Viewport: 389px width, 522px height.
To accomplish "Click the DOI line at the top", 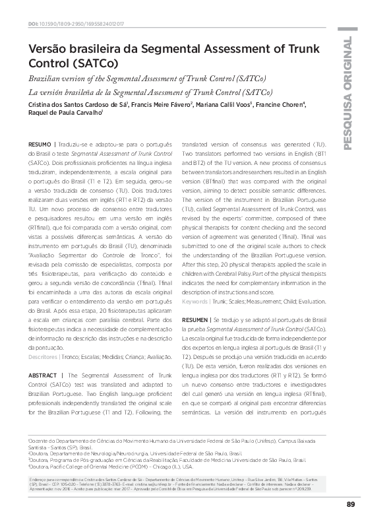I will pyautogui.click(x=86, y=24).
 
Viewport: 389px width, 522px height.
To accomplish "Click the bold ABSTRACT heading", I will pyautogui.click(x=42, y=375).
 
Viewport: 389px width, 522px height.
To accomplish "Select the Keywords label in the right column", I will pyautogui.click(x=196, y=301).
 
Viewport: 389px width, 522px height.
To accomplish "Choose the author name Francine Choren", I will pyautogui.click(x=282, y=106).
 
